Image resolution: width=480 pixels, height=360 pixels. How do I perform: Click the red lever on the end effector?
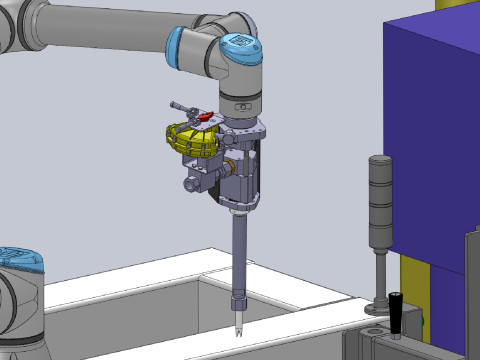[x=204, y=118]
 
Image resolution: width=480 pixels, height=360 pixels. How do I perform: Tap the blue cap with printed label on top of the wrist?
[x=240, y=43]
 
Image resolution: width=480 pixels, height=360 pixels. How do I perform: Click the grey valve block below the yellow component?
[x=199, y=180]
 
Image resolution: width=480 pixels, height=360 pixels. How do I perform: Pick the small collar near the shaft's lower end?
[x=239, y=301]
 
